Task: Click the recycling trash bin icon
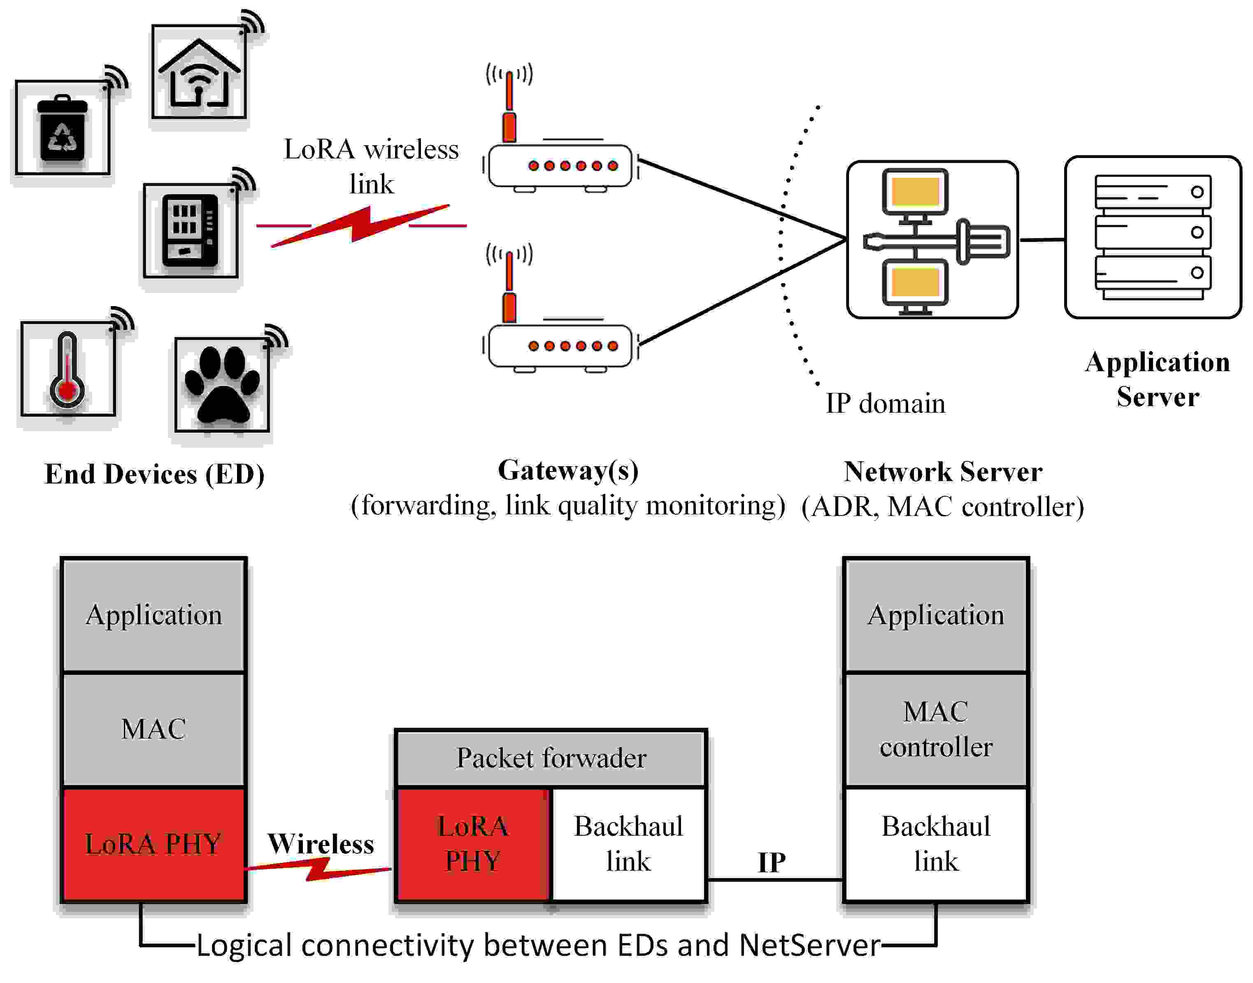pyautogui.click(x=62, y=129)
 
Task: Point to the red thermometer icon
pyautogui.click(x=67, y=370)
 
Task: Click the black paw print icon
pyautogui.click(x=222, y=384)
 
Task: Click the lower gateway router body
pyautogui.click(x=560, y=346)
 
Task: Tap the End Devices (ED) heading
pyautogui.click(x=154, y=475)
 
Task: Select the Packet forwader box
pyautogui.click(x=551, y=758)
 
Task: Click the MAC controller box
pyautogui.click(x=935, y=729)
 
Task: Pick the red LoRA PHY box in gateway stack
pyautogui.click(x=472, y=844)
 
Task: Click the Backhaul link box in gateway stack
pyautogui.click(x=628, y=844)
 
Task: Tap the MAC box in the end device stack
pyautogui.click(x=153, y=729)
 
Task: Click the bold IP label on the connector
pyautogui.click(x=771, y=862)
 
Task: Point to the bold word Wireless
pyautogui.click(x=321, y=844)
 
